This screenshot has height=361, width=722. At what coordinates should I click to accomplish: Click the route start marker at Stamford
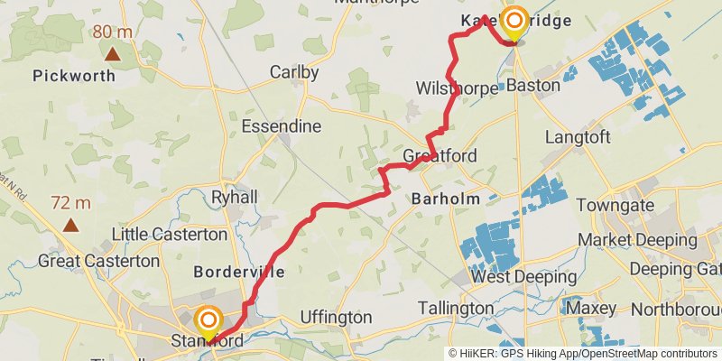(208, 320)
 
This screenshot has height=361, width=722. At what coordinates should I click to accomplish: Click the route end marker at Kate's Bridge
(515, 21)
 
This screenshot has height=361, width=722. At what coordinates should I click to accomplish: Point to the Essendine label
(282, 125)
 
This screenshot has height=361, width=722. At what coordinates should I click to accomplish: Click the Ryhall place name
(234, 197)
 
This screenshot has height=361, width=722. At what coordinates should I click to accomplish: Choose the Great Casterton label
(98, 262)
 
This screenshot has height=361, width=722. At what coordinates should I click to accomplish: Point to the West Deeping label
(518, 276)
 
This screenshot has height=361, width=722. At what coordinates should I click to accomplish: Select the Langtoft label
(579, 137)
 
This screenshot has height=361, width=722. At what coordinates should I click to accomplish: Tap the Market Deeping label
(637, 240)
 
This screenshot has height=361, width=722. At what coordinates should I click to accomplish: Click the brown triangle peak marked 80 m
(112, 53)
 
